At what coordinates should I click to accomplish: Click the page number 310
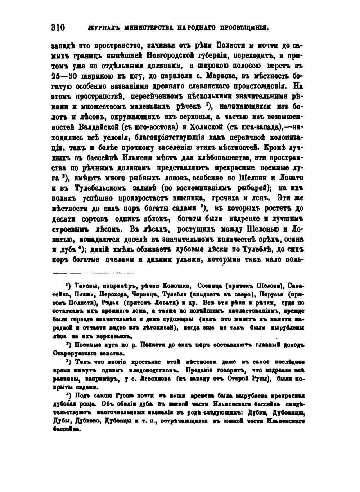pyautogui.click(x=58, y=28)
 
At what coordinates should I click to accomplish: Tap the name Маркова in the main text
pyautogui.click(x=221, y=76)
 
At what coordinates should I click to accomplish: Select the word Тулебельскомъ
pyautogui.click(x=101, y=188)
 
